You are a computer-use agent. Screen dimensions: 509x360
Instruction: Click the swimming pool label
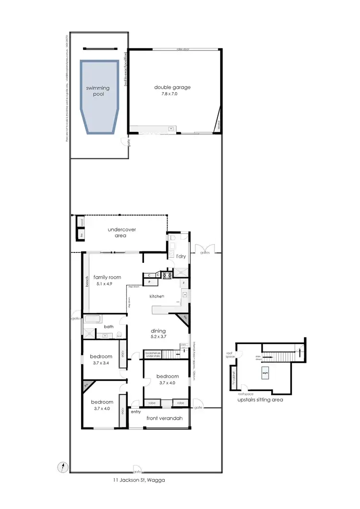(x=98, y=91)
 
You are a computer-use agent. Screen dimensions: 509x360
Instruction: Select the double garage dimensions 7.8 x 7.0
(x=172, y=94)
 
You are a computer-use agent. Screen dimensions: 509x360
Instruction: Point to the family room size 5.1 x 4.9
(x=107, y=284)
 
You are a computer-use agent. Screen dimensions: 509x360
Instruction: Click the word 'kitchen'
(x=156, y=296)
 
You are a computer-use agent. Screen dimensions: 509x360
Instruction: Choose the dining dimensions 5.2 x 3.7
(x=158, y=338)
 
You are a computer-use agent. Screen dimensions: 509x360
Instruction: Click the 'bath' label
(x=109, y=327)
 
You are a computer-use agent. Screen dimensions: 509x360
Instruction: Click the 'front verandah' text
(x=165, y=418)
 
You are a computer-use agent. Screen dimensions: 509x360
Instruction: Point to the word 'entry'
(x=135, y=412)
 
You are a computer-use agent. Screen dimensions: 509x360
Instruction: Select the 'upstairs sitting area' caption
(x=260, y=399)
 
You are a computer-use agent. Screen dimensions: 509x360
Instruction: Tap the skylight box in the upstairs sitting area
(x=264, y=372)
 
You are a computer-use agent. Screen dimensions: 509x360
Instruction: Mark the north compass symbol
(x=62, y=466)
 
